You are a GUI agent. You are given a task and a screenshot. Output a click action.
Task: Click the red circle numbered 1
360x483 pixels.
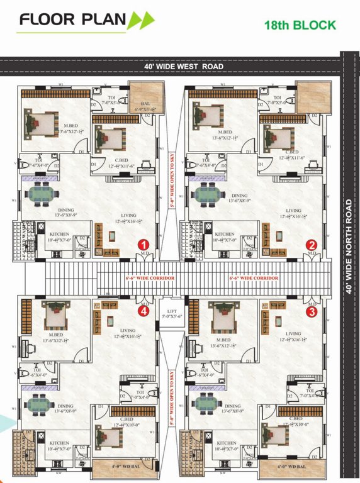coord(143,245)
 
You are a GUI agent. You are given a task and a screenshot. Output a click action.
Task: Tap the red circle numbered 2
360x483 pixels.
coord(312,245)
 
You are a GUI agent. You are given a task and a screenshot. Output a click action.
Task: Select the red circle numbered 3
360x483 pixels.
coord(312,310)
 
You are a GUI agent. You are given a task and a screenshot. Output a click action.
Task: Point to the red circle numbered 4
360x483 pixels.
coord(143,310)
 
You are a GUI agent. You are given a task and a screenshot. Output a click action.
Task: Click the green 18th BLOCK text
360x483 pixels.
coord(300,25)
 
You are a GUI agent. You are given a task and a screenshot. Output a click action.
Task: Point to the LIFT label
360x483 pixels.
coord(171,311)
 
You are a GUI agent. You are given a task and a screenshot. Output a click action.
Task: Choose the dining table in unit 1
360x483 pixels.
coord(40,194)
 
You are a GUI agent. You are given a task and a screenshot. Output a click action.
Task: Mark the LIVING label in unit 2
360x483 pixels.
coord(293,211)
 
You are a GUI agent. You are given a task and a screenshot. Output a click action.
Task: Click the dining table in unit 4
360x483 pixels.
coord(40,403)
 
